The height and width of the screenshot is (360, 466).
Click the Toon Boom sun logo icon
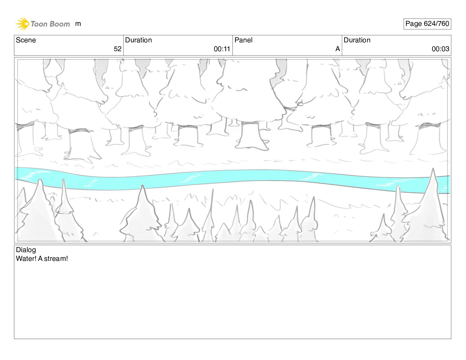coord(22,24)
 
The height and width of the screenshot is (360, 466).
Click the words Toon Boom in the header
coord(50,24)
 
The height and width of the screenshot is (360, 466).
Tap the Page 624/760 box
coord(427,24)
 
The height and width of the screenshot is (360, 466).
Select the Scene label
coord(26,40)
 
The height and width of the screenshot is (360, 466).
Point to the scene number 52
coord(117,49)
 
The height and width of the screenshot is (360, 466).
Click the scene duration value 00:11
coord(222,49)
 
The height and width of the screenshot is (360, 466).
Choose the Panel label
coord(243,40)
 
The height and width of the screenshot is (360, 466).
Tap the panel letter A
coord(337,49)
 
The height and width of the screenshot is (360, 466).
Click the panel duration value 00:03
coord(440,49)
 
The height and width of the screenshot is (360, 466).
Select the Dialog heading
coord(26,250)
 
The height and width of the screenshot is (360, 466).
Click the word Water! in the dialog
coord(26,259)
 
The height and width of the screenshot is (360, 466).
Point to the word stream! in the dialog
coord(56,259)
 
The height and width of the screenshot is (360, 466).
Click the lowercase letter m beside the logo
coord(78,24)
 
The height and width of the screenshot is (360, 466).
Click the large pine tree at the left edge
coord(37,215)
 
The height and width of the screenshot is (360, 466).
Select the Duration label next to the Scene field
coord(138,40)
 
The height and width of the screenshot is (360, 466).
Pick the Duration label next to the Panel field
coord(357,40)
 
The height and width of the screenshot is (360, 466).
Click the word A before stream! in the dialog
coord(40,259)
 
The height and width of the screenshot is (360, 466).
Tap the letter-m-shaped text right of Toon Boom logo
coord(78,24)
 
